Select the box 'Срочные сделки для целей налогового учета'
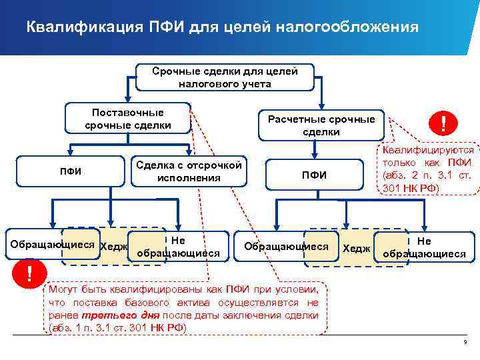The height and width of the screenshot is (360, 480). pos(225,77)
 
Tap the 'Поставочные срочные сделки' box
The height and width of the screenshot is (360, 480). pos(128,119)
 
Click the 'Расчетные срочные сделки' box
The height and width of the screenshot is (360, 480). pos(321,125)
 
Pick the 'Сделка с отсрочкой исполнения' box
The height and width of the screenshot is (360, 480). pos(189,171)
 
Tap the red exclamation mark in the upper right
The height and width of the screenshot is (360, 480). pos(443,123)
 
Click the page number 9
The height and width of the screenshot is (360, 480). pos(465,342)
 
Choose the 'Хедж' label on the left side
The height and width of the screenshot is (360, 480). pos(113,247)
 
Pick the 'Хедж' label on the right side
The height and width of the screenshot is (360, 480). pos(356,248)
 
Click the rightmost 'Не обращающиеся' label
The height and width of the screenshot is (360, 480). pos(424,247)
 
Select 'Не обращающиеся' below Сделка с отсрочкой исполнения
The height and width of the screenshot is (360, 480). pos(178,247)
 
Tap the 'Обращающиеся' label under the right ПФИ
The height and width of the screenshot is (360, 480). pos(287,246)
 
